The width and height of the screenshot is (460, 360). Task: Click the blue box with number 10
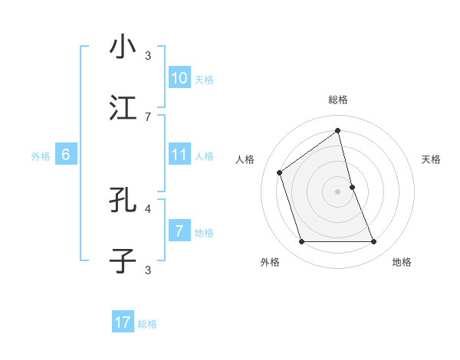click(x=179, y=78)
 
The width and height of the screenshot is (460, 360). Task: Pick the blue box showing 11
click(x=179, y=155)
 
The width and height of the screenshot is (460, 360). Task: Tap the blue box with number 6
click(x=66, y=155)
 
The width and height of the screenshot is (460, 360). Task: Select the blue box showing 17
click(x=123, y=323)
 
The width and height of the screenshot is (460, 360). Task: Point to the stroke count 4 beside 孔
click(x=148, y=208)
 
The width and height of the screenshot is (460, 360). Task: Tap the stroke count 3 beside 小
click(x=148, y=54)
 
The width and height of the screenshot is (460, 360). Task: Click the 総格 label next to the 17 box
click(x=147, y=324)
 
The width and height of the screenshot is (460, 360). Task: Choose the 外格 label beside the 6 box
click(x=41, y=156)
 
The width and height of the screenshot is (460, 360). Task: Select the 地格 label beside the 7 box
click(x=204, y=233)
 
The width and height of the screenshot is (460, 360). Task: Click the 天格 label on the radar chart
click(x=432, y=159)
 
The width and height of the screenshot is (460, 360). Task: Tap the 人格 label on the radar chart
click(x=245, y=159)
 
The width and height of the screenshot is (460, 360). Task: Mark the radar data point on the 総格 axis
click(x=338, y=130)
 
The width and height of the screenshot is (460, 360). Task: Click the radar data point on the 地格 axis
click(x=374, y=242)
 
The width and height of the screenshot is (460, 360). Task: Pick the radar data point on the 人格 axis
click(x=280, y=172)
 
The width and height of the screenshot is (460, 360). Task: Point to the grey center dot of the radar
click(x=338, y=191)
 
